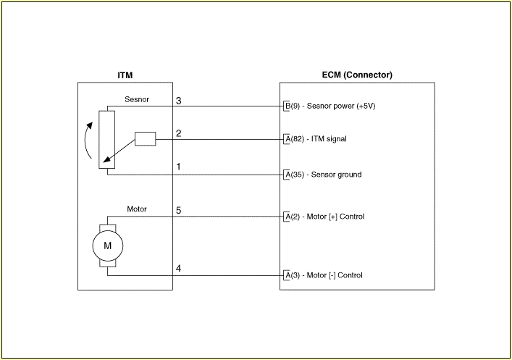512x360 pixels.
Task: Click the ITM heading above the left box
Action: coord(125,75)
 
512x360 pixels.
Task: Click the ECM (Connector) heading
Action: coord(357,75)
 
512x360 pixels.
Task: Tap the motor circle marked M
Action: coord(108,246)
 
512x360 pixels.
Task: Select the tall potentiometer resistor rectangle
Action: coord(106,140)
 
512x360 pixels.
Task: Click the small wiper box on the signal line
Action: coord(146,139)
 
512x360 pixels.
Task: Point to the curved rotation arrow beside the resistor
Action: coord(85,140)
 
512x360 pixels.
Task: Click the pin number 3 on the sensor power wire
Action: coord(178,101)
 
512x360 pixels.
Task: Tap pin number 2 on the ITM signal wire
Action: coord(178,133)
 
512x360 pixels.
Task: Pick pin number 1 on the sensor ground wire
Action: coord(178,167)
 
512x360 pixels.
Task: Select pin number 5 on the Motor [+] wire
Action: coord(178,210)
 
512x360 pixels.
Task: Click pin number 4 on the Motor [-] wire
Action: coord(178,269)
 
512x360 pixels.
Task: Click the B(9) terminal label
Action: coord(293,106)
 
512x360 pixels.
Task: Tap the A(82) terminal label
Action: coord(294,139)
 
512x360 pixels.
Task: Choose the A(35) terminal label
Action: coord(294,175)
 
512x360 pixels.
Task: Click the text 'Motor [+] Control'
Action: coord(335,217)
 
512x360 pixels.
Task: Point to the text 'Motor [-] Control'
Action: coord(335,275)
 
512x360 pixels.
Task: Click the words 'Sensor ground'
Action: coord(336,175)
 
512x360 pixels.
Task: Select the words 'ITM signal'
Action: coord(329,139)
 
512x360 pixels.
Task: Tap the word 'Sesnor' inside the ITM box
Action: coord(137,99)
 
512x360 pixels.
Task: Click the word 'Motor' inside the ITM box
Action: coord(137,209)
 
